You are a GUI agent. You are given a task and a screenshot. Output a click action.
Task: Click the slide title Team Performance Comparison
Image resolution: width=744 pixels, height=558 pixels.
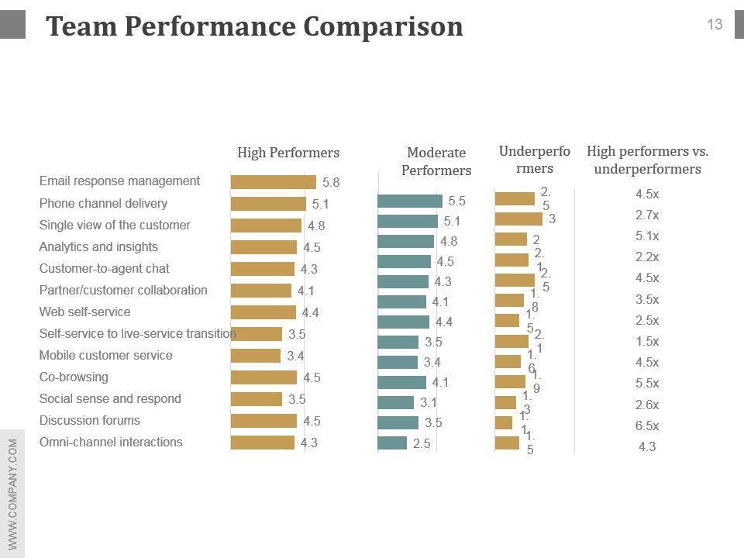point(254,27)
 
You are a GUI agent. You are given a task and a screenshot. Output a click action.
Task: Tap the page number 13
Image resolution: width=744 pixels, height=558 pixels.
point(715,25)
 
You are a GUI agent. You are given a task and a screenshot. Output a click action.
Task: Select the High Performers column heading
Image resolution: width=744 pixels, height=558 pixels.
point(288,153)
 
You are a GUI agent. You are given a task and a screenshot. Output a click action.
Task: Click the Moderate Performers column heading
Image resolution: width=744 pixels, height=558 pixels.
point(436,161)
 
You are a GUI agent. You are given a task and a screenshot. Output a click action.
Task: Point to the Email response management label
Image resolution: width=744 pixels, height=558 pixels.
point(119,181)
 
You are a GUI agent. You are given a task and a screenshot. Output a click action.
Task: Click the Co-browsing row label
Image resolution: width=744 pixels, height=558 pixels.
point(74,377)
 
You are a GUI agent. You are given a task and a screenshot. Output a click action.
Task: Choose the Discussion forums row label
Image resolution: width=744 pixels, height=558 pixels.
point(90,421)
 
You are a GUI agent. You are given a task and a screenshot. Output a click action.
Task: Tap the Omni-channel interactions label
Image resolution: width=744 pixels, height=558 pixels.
point(111,443)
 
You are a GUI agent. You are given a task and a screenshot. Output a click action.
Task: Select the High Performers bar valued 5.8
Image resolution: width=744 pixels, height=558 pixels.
point(273,182)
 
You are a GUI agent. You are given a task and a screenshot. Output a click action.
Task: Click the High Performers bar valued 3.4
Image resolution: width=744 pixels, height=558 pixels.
point(256,356)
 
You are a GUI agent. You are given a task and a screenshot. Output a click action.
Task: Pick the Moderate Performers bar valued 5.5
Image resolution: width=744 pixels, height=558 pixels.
point(409,201)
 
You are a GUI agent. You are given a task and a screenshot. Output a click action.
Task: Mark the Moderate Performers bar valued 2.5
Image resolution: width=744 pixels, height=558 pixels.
point(392,443)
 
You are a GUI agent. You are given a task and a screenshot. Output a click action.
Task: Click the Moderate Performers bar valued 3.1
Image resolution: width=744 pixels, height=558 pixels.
point(395,402)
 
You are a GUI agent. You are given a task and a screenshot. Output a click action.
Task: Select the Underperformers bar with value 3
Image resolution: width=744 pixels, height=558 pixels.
point(518,219)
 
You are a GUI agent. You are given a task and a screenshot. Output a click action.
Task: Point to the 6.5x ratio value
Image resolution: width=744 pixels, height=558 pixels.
point(647,425)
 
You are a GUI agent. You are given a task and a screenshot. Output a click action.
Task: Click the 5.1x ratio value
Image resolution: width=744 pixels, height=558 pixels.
point(647,236)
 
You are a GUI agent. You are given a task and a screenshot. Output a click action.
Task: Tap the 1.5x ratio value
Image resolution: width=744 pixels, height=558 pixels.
point(647,342)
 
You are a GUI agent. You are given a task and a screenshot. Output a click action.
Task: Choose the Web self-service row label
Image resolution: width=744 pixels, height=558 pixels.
point(84,312)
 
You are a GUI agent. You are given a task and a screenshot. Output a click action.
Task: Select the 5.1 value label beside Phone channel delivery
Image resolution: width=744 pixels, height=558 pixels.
point(321,205)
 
